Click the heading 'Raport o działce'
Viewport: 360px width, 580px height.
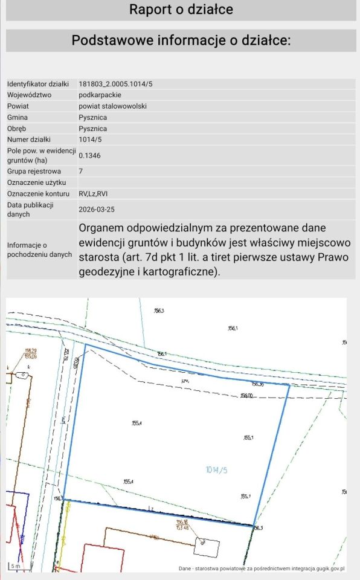[x=181, y=10]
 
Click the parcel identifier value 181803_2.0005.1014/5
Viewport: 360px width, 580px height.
[x=118, y=83]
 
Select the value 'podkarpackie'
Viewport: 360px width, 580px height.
[x=100, y=95]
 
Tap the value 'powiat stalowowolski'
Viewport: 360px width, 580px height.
[x=112, y=106]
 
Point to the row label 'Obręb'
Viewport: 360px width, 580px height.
[x=18, y=129]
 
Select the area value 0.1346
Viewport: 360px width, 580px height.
[x=90, y=156]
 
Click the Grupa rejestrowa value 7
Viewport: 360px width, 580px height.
[x=81, y=171]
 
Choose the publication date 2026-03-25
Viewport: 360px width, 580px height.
[x=98, y=209]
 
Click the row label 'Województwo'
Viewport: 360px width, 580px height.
[x=29, y=95]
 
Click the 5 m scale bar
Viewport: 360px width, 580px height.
[x=16, y=566]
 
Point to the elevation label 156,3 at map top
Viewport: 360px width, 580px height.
[x=159, y=311]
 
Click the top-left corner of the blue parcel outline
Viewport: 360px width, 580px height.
[x=85, y=345]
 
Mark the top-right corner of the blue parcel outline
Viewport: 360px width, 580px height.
[x=289, y=385]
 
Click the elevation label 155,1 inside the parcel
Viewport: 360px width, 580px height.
[x=248, y=438]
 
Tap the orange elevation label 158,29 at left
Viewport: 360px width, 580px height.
[x=31, y=350]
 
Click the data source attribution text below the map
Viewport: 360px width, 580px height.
[x=261, y=569]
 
